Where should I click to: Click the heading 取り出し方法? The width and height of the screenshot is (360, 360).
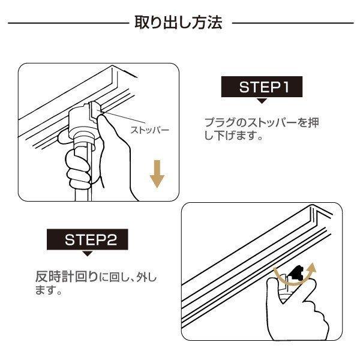pyautogui.click(x=179, y=23)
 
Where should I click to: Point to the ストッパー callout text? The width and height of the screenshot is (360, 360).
pyautogui.click(x=150, y=130)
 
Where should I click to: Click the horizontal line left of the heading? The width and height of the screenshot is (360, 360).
pyautogui.click(x=69, y=24)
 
